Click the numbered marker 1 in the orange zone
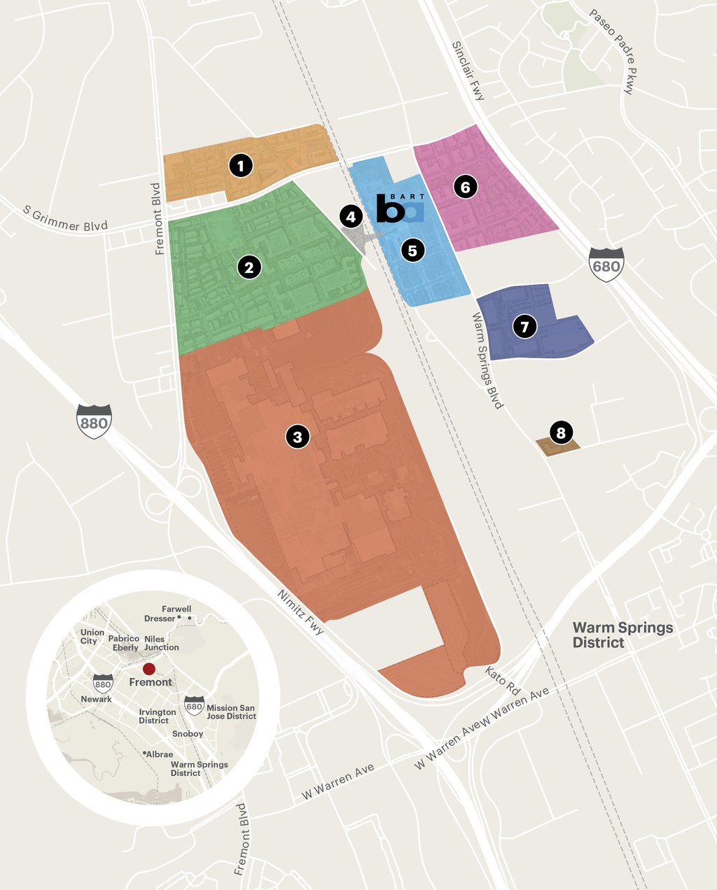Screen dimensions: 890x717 pos(241,166)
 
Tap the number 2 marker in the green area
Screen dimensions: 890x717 pos(249,267)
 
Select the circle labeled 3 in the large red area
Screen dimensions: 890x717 pos(298,437)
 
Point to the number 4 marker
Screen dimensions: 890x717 pos(351,217)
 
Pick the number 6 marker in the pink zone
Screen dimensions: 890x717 pos(464,187)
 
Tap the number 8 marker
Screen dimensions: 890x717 pos(560,432)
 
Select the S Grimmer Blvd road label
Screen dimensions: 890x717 pos(66,218)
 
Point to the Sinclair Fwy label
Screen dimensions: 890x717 pos(468,71)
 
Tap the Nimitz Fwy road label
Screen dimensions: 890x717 pos(301,612)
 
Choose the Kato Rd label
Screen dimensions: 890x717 pos(503,680)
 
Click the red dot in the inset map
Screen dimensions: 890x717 pos(149,668)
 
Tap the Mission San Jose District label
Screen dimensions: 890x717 pos(231,712)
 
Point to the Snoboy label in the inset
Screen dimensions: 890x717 pos(188,734)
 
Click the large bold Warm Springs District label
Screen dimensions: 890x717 pos(622,635)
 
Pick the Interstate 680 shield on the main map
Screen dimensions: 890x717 pos(606,264)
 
